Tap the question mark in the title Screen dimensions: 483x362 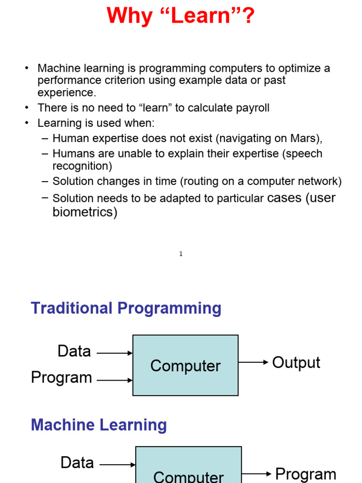point(248,16)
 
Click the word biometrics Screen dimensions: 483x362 point(85,212)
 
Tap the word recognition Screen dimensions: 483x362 point(82,166)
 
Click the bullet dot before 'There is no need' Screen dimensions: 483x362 point(27,108)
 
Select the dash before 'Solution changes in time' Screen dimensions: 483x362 point(45,182)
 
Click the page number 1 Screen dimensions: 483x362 point(181,254)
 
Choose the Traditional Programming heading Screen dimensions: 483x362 point(126,308)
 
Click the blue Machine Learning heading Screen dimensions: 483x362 point(99,425)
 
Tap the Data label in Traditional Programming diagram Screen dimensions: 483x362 point(74,351)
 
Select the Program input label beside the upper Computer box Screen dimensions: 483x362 point(61,378)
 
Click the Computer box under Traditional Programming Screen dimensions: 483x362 point(185,365)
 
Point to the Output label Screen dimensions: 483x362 point(296,363)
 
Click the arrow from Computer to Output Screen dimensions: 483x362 point(253,362)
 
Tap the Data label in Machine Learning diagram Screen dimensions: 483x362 point(77,463)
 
